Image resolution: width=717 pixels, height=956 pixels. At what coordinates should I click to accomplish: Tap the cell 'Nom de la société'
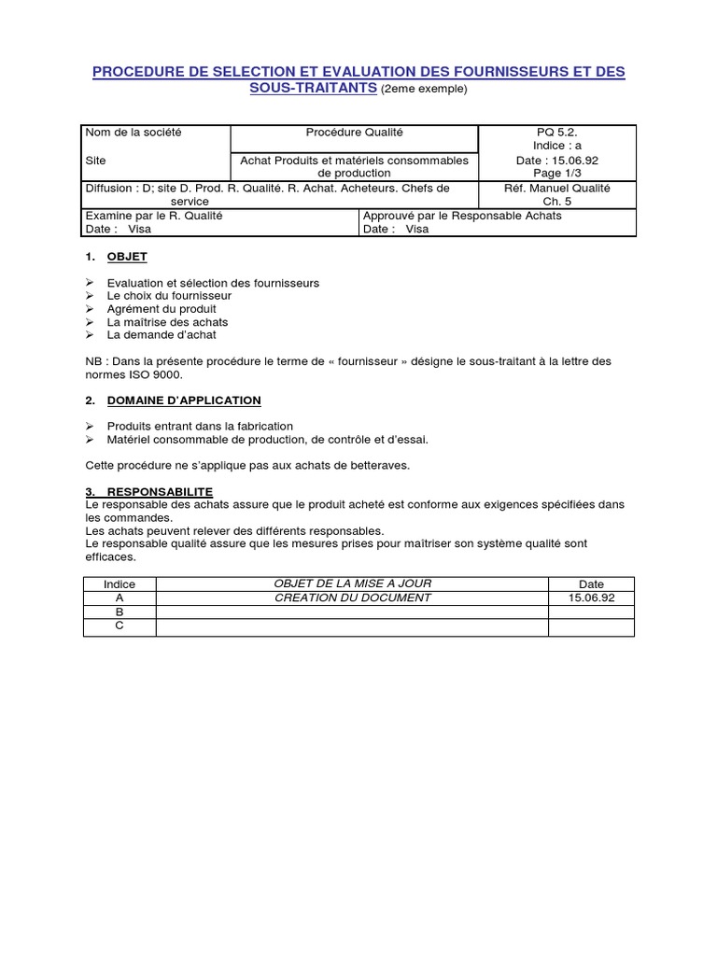[x=134, y=133]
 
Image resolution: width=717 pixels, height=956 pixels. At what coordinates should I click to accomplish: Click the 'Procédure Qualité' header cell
[x=354, y=133]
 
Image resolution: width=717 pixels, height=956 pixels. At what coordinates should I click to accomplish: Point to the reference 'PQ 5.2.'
[x=556, y=133]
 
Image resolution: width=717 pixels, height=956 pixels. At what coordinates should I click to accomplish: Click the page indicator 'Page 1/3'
[x=556, y=173]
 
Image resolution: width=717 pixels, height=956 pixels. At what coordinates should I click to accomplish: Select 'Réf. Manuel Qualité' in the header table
[x=556, y=188]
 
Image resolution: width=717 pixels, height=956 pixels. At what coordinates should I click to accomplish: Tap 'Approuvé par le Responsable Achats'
[x=462, y=216]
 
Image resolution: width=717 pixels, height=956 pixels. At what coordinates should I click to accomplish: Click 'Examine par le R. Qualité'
[x=154, y=216]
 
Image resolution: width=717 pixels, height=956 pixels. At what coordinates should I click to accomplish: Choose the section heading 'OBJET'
[x=127, y=256]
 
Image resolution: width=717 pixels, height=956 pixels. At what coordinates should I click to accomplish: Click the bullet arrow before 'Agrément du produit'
[x=90, y=309]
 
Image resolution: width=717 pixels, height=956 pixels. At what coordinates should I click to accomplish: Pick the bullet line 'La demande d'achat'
[x=162, y=335]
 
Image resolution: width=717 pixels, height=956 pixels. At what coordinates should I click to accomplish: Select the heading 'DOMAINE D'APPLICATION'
[x=184, y=401]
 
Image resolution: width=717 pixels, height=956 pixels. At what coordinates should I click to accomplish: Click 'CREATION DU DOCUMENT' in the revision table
[x=353, y=597]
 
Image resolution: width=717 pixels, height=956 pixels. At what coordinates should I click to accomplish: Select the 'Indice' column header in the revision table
[x=119, y=584]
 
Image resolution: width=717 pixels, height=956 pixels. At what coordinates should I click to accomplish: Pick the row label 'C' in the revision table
[x=119, y=626]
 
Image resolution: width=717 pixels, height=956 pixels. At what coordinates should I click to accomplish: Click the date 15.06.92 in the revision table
[x=591, y=597]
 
